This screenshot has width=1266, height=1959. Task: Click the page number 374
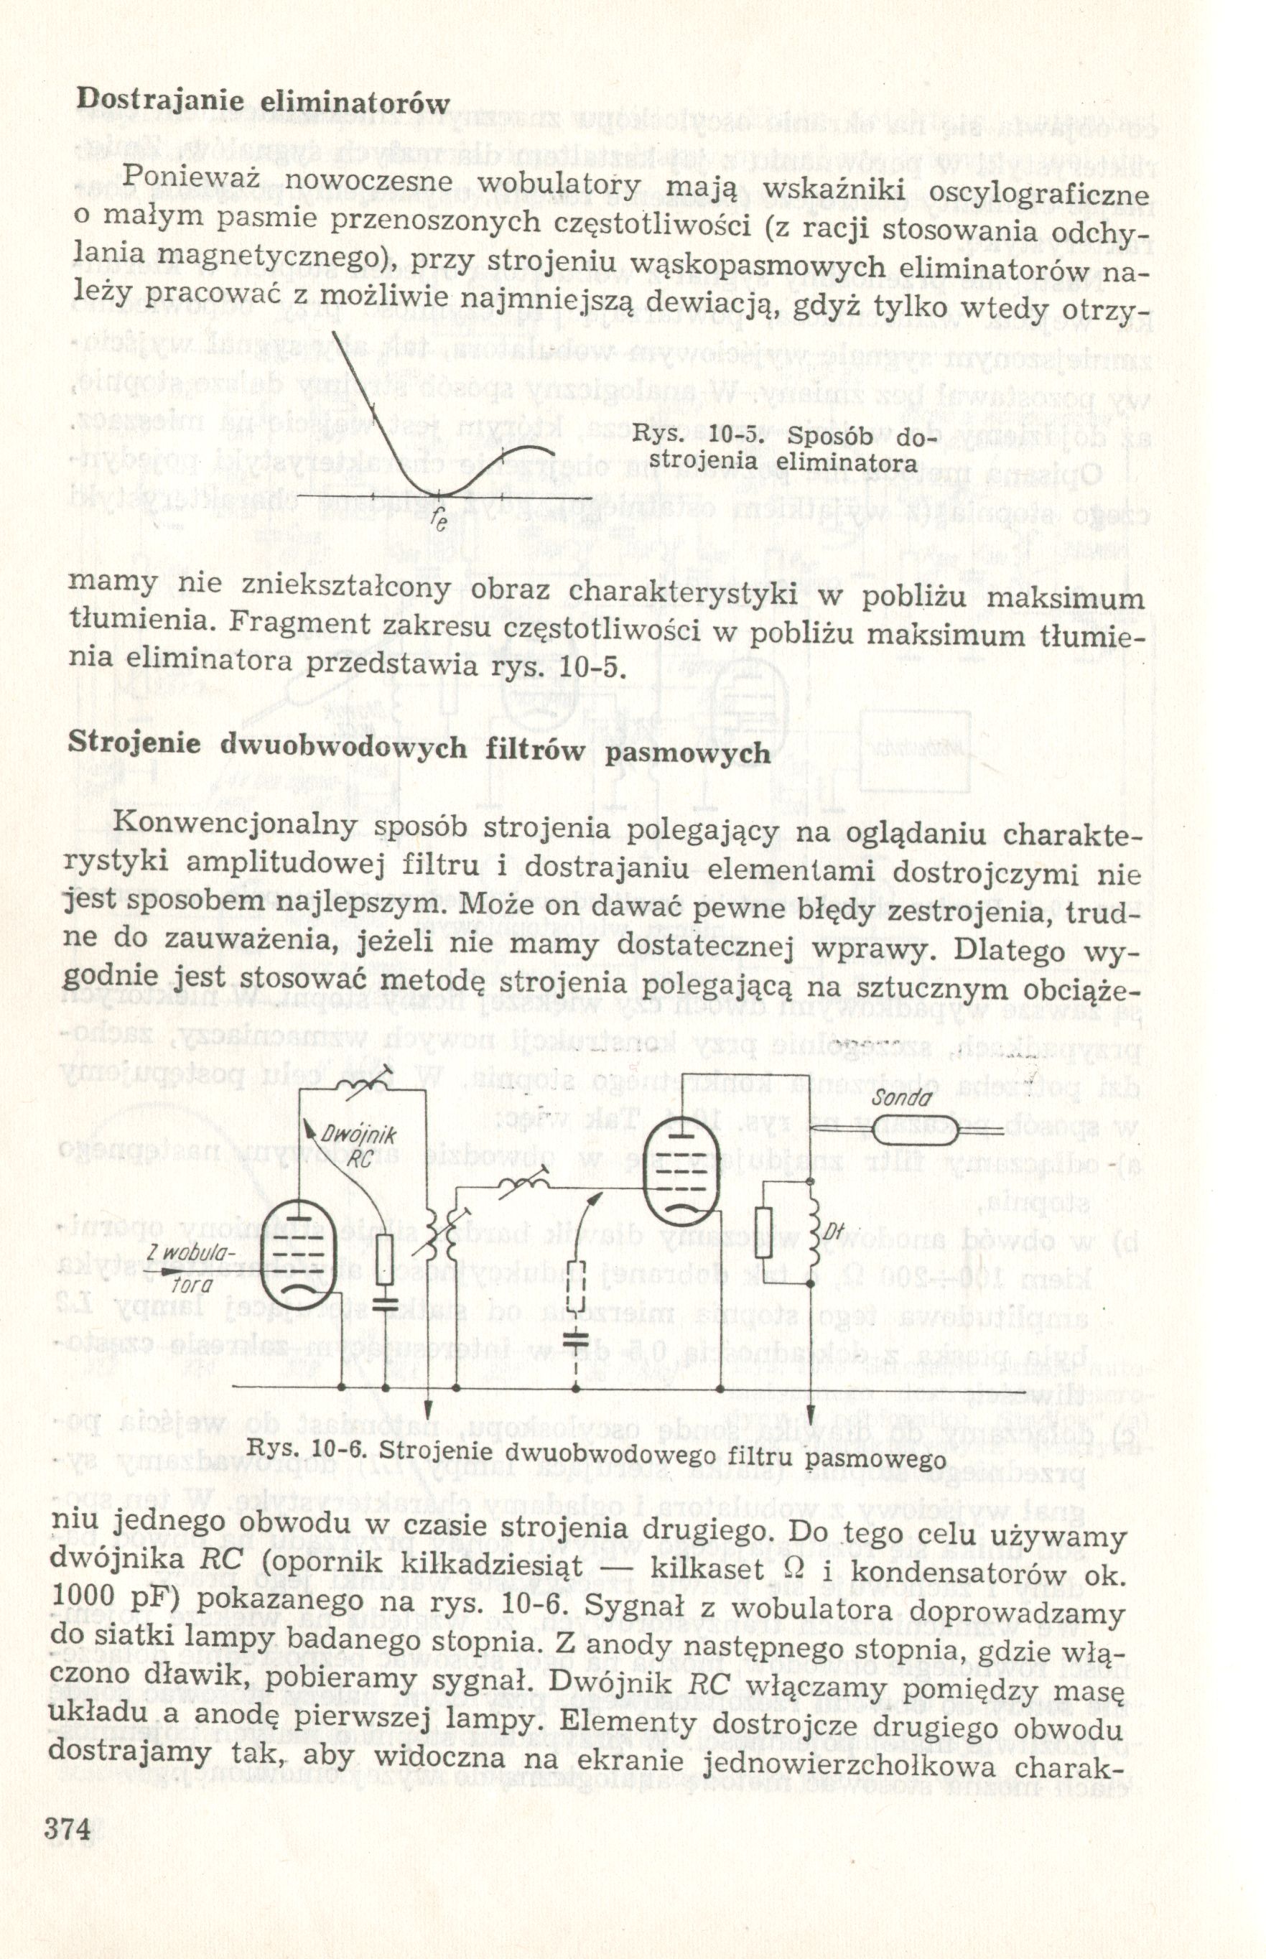70,1824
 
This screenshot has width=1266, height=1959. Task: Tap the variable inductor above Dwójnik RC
360,1086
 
